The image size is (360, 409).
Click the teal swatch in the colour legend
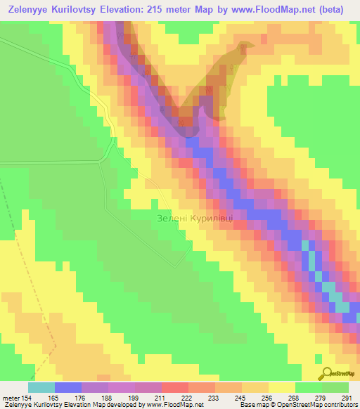tap(41, 387)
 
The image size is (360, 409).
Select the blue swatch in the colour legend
tap(68, 387)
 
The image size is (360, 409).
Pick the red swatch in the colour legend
tap(174, 387)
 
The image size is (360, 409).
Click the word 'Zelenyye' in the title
tap(33, 10)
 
